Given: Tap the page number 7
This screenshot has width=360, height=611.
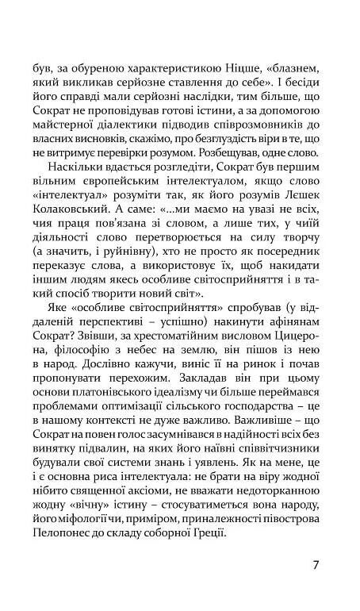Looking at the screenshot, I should click(x=316, y=588).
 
